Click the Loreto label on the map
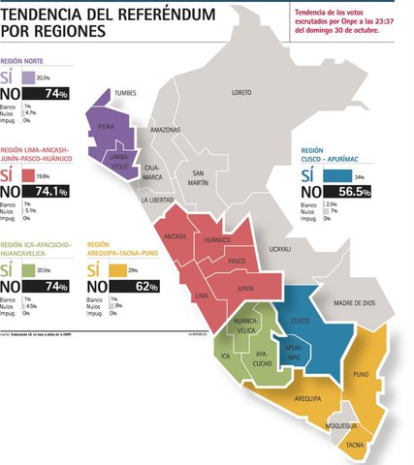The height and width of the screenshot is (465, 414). (x=241, y=92)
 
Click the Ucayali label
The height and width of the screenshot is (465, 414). (x=279, y=249)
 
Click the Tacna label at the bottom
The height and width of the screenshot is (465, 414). (x=355, y=445)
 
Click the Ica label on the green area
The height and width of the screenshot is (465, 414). (x=225, y=356)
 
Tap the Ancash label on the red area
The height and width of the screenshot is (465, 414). (x=175, y=235)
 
